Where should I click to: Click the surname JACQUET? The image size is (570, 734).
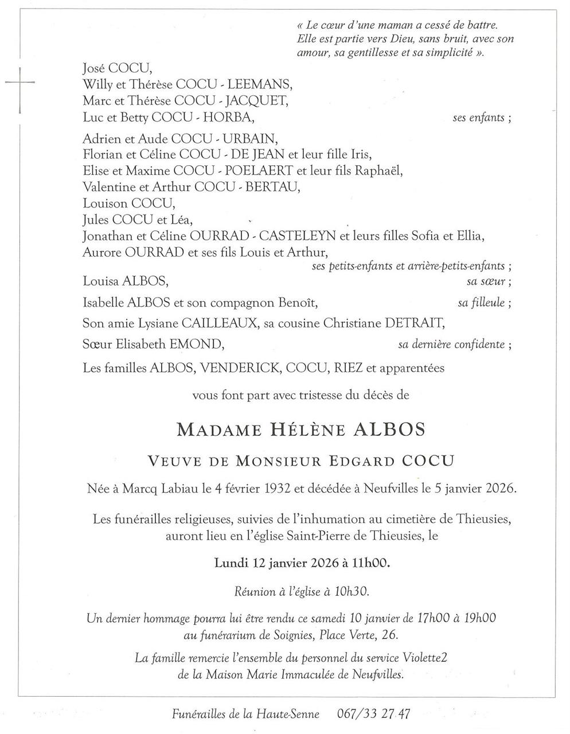[x=256, y=101]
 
